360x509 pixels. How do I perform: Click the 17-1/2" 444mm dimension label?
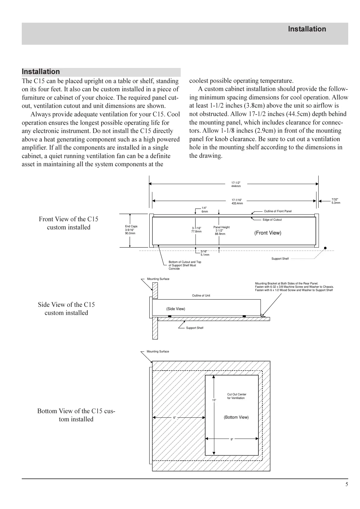pyautogui.click(x=236, y=184)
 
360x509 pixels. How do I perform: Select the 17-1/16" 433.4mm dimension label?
pyautogui.click(x=237, y=202)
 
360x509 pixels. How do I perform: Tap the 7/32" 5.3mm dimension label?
pyautogui.click(x=336, y=201)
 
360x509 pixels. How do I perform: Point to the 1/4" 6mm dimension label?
pyautogui.click(x=205, y=210)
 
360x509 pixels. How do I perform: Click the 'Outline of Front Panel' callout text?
pyautogui.click(x=277, y=211)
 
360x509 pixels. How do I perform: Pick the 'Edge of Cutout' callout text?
pyautogui.click(x=272, y=220)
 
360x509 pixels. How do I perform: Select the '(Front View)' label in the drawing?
pyautogui.click(x=268, y=233)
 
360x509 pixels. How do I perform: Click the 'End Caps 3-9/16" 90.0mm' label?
pyautogui.click(x=131, y=230)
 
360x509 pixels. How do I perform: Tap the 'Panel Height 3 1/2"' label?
pyautogui.click(x=221, y=230)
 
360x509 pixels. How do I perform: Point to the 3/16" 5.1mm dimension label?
pyautogui.click(x=205, y=253)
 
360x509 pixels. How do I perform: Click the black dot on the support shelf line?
pyautogui.click(x=325, y=248)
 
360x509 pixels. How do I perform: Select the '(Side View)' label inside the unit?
pyautogui.click(x=176, y=309)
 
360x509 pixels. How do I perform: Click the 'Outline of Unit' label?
pyautogui.click(x=201, y=295)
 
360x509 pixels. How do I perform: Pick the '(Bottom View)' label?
pyautogui.click(x=236, y=417)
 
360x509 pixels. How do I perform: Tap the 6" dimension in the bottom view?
pyautogui.click(x=174, y=418)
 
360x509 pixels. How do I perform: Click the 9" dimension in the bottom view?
pyautogui.click(x=232, y=439)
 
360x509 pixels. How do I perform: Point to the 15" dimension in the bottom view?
pyautogui.click(x=214, y=400)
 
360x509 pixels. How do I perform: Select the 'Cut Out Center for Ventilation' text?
pyautogui.click(x=237, y=396)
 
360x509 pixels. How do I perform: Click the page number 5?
pyautogui.click(x=347, y=485)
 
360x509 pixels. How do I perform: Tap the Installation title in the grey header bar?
pyautogui.click(x=307, y=29)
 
